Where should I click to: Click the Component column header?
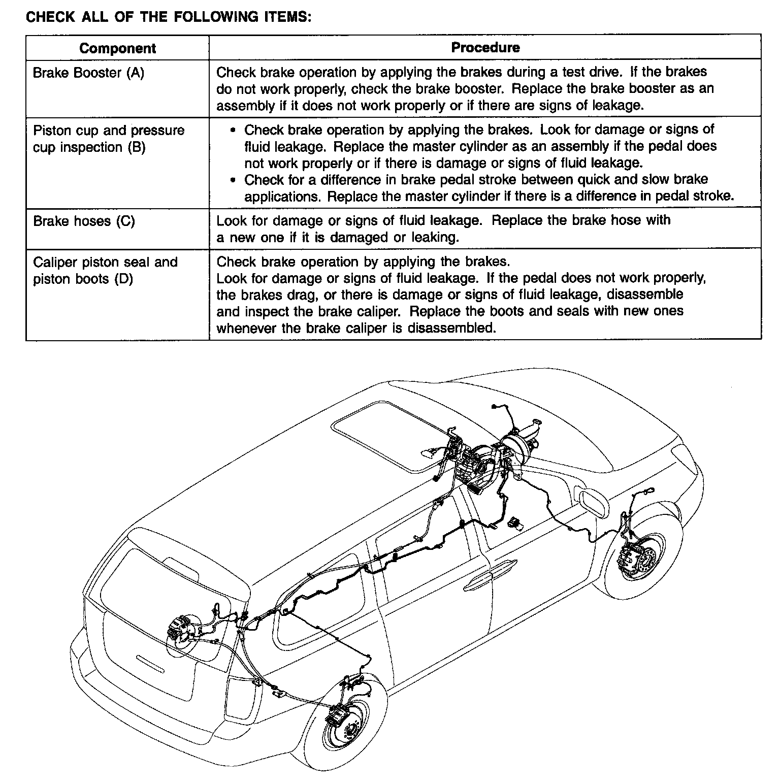(x=117, y=48)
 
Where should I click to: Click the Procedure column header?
(x=485, y=48)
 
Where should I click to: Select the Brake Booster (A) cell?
(x=88, y=73)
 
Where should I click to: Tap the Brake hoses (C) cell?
(x=84, y=221)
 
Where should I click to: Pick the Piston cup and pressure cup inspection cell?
(x=109, y=139)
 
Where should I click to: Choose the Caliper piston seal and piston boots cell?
(x=105, y=271)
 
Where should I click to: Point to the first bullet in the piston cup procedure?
(x=233, y=130)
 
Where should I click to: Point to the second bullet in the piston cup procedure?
(x=233, y=180)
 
